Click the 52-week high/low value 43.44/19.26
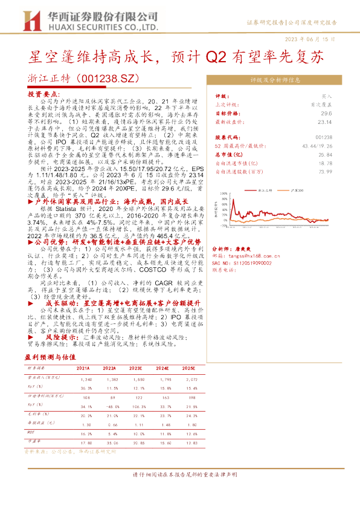(x=318, y=147)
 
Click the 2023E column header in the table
(x=137, y=368)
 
